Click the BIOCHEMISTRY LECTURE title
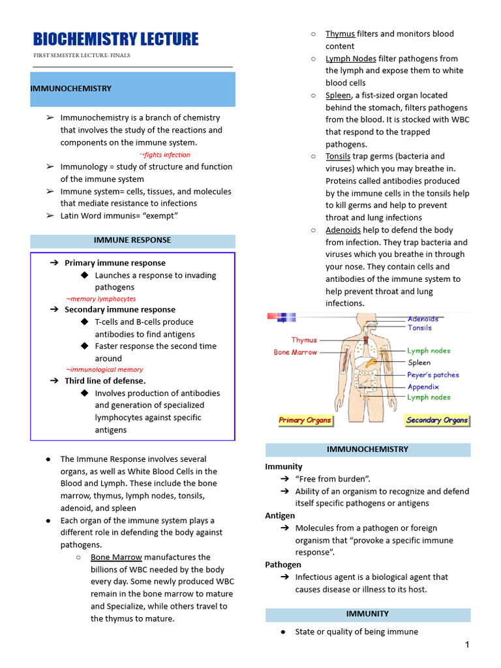coord(115,39)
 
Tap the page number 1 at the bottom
coord(467,645)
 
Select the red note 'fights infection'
coord(165,155)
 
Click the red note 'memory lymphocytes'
coord(101,298)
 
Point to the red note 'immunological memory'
coord(104,369)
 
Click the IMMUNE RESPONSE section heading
coord(132,240)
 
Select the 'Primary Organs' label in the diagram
coord(305,420)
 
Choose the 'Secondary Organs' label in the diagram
coord(436,420)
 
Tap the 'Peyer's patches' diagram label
coord(433,375)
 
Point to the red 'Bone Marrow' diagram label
coord(295,352)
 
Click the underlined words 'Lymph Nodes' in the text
coord(350,59)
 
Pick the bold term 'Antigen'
coord(280,515)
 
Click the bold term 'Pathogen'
coord(283,564)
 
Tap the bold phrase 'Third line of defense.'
coord(105,380)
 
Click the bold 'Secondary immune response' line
coord(119,309)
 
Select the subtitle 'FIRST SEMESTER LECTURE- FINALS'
coord(82,55)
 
